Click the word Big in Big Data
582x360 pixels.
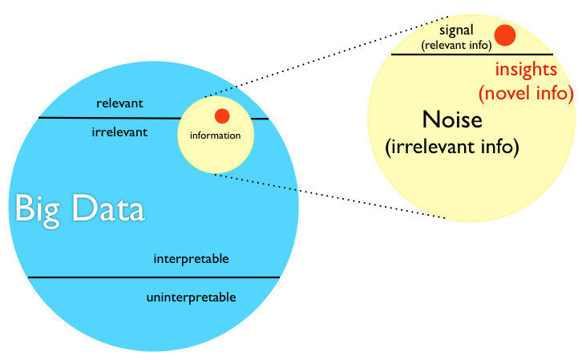pyautogui.click(x=39, y=209)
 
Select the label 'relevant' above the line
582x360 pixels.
pyautogui.click(x=119, y=103)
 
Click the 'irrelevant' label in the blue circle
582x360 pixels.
pyautogui.click(x=119, y=132)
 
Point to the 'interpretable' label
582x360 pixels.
pyautogui.click(x=192, y=259)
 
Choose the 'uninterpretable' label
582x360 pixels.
pyautogui.click(x=192, y=297)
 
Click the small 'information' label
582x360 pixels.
pyautogui.click(x=215, y=136)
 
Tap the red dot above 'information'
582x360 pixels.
pyautogui.click(x=222, y=115)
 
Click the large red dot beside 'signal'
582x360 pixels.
pyautogui.click(x=505, y=34)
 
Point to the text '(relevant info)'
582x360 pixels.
pyautogui.click(x=457, y=46)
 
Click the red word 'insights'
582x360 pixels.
pyautogui.click(x=526, y=70)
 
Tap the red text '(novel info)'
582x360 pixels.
pyautogui.click(x=526, y=93)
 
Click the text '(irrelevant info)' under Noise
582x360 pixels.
pyautogui.click(x=453, y=148)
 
